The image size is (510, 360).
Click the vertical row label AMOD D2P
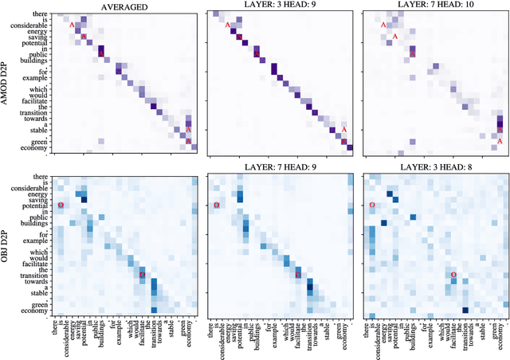click(6, 83)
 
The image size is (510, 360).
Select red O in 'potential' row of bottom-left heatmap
click(61, 205)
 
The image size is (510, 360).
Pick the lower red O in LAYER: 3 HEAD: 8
click(453, 275)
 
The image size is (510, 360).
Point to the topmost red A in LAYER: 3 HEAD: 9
click(228, 25)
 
